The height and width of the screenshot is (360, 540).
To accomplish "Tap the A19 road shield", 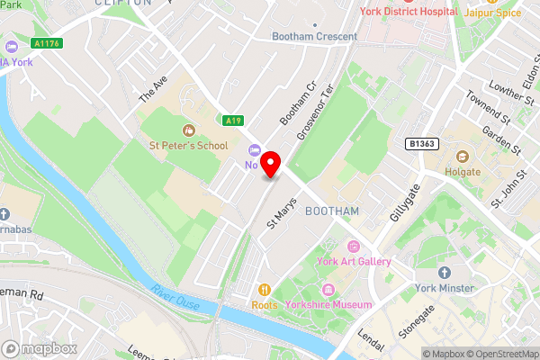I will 234,120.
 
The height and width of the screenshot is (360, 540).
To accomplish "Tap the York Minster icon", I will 444,273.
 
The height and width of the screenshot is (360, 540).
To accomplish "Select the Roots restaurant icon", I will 265,290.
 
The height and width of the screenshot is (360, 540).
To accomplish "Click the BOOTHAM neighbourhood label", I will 332,211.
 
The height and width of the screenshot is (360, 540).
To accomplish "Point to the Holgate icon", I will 463,156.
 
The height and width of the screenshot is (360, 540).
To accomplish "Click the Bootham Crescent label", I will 315,37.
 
